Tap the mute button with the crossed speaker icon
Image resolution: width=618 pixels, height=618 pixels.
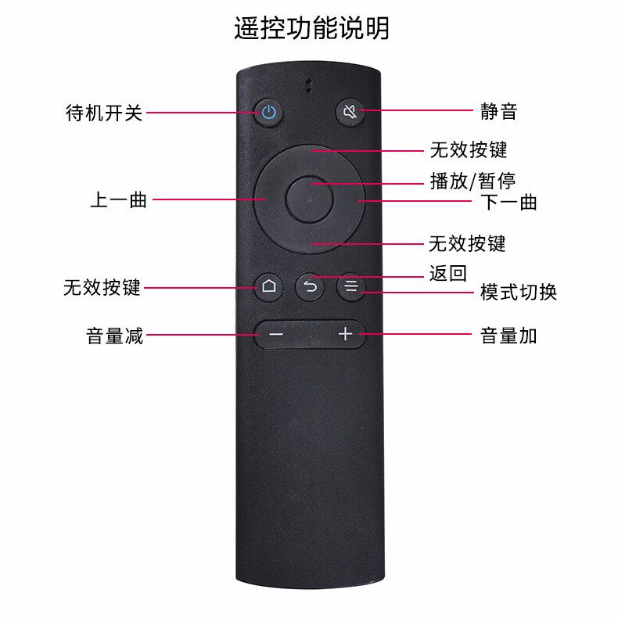[x=350, y=112]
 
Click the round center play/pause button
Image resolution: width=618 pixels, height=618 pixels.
[x=309, y=199]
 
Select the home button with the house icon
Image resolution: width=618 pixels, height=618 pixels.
[x=268, y=287]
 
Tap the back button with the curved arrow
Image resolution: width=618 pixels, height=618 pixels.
[x=310, y=287]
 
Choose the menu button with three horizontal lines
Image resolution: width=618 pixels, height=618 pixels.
[x=351, y=287]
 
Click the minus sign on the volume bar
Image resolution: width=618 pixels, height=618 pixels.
[x=275, y=335]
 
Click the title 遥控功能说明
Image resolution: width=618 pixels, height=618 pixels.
[x=311, y=28]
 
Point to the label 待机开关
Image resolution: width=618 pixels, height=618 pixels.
[x=104, y=113]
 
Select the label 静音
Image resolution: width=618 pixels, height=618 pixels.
[x=499, y=112]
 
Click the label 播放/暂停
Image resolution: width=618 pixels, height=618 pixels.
[x=472, y=181]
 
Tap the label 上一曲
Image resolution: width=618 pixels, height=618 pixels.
[x=119, y=200]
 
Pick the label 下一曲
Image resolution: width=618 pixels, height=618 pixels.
[x=508, y=203]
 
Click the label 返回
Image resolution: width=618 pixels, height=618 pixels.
[x=448, y=274]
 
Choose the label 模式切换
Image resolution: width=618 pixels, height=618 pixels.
[x=518, y=293]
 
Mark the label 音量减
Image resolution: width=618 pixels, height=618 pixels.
[x=114, y=336]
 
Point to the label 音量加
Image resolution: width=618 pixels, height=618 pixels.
[x=508, y=336]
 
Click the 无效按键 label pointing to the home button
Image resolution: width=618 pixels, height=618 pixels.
[x=102, y=287]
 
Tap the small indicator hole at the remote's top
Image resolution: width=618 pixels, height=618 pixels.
[x=309, y=85]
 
